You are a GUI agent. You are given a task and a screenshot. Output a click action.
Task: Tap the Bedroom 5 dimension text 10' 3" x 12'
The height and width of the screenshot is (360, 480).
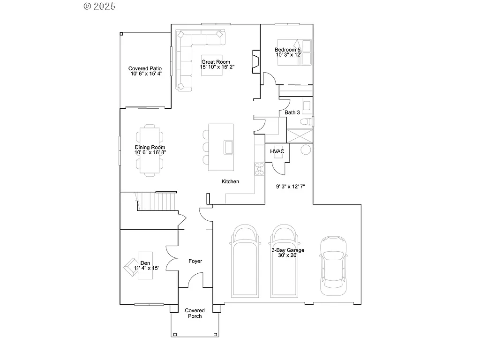288,55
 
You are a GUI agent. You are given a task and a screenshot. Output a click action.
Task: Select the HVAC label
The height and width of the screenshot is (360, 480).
277,151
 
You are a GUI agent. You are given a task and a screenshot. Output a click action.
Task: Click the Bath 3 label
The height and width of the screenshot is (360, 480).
292,112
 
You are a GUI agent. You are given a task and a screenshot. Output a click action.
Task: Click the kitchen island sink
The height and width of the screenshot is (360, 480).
229,147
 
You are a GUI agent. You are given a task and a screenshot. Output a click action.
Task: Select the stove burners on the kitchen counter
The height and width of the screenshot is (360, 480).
259,169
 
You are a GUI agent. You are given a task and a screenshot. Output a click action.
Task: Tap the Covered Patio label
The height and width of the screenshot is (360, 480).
145,68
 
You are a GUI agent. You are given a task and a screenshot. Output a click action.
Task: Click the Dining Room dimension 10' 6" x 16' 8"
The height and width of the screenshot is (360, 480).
150,152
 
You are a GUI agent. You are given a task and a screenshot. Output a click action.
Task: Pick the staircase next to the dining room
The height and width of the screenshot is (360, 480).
155,202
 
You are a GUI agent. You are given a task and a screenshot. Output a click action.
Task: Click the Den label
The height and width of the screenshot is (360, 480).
145,263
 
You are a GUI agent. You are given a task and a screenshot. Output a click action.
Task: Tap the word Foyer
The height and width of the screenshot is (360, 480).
195,261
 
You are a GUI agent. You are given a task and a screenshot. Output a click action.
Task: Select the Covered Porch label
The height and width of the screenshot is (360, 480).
195,313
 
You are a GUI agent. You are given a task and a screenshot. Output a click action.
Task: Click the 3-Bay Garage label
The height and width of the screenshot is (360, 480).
288,250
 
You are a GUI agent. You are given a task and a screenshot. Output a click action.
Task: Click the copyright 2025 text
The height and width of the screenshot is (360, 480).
99,6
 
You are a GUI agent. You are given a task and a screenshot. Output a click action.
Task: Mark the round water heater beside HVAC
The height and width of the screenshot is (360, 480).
305,150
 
